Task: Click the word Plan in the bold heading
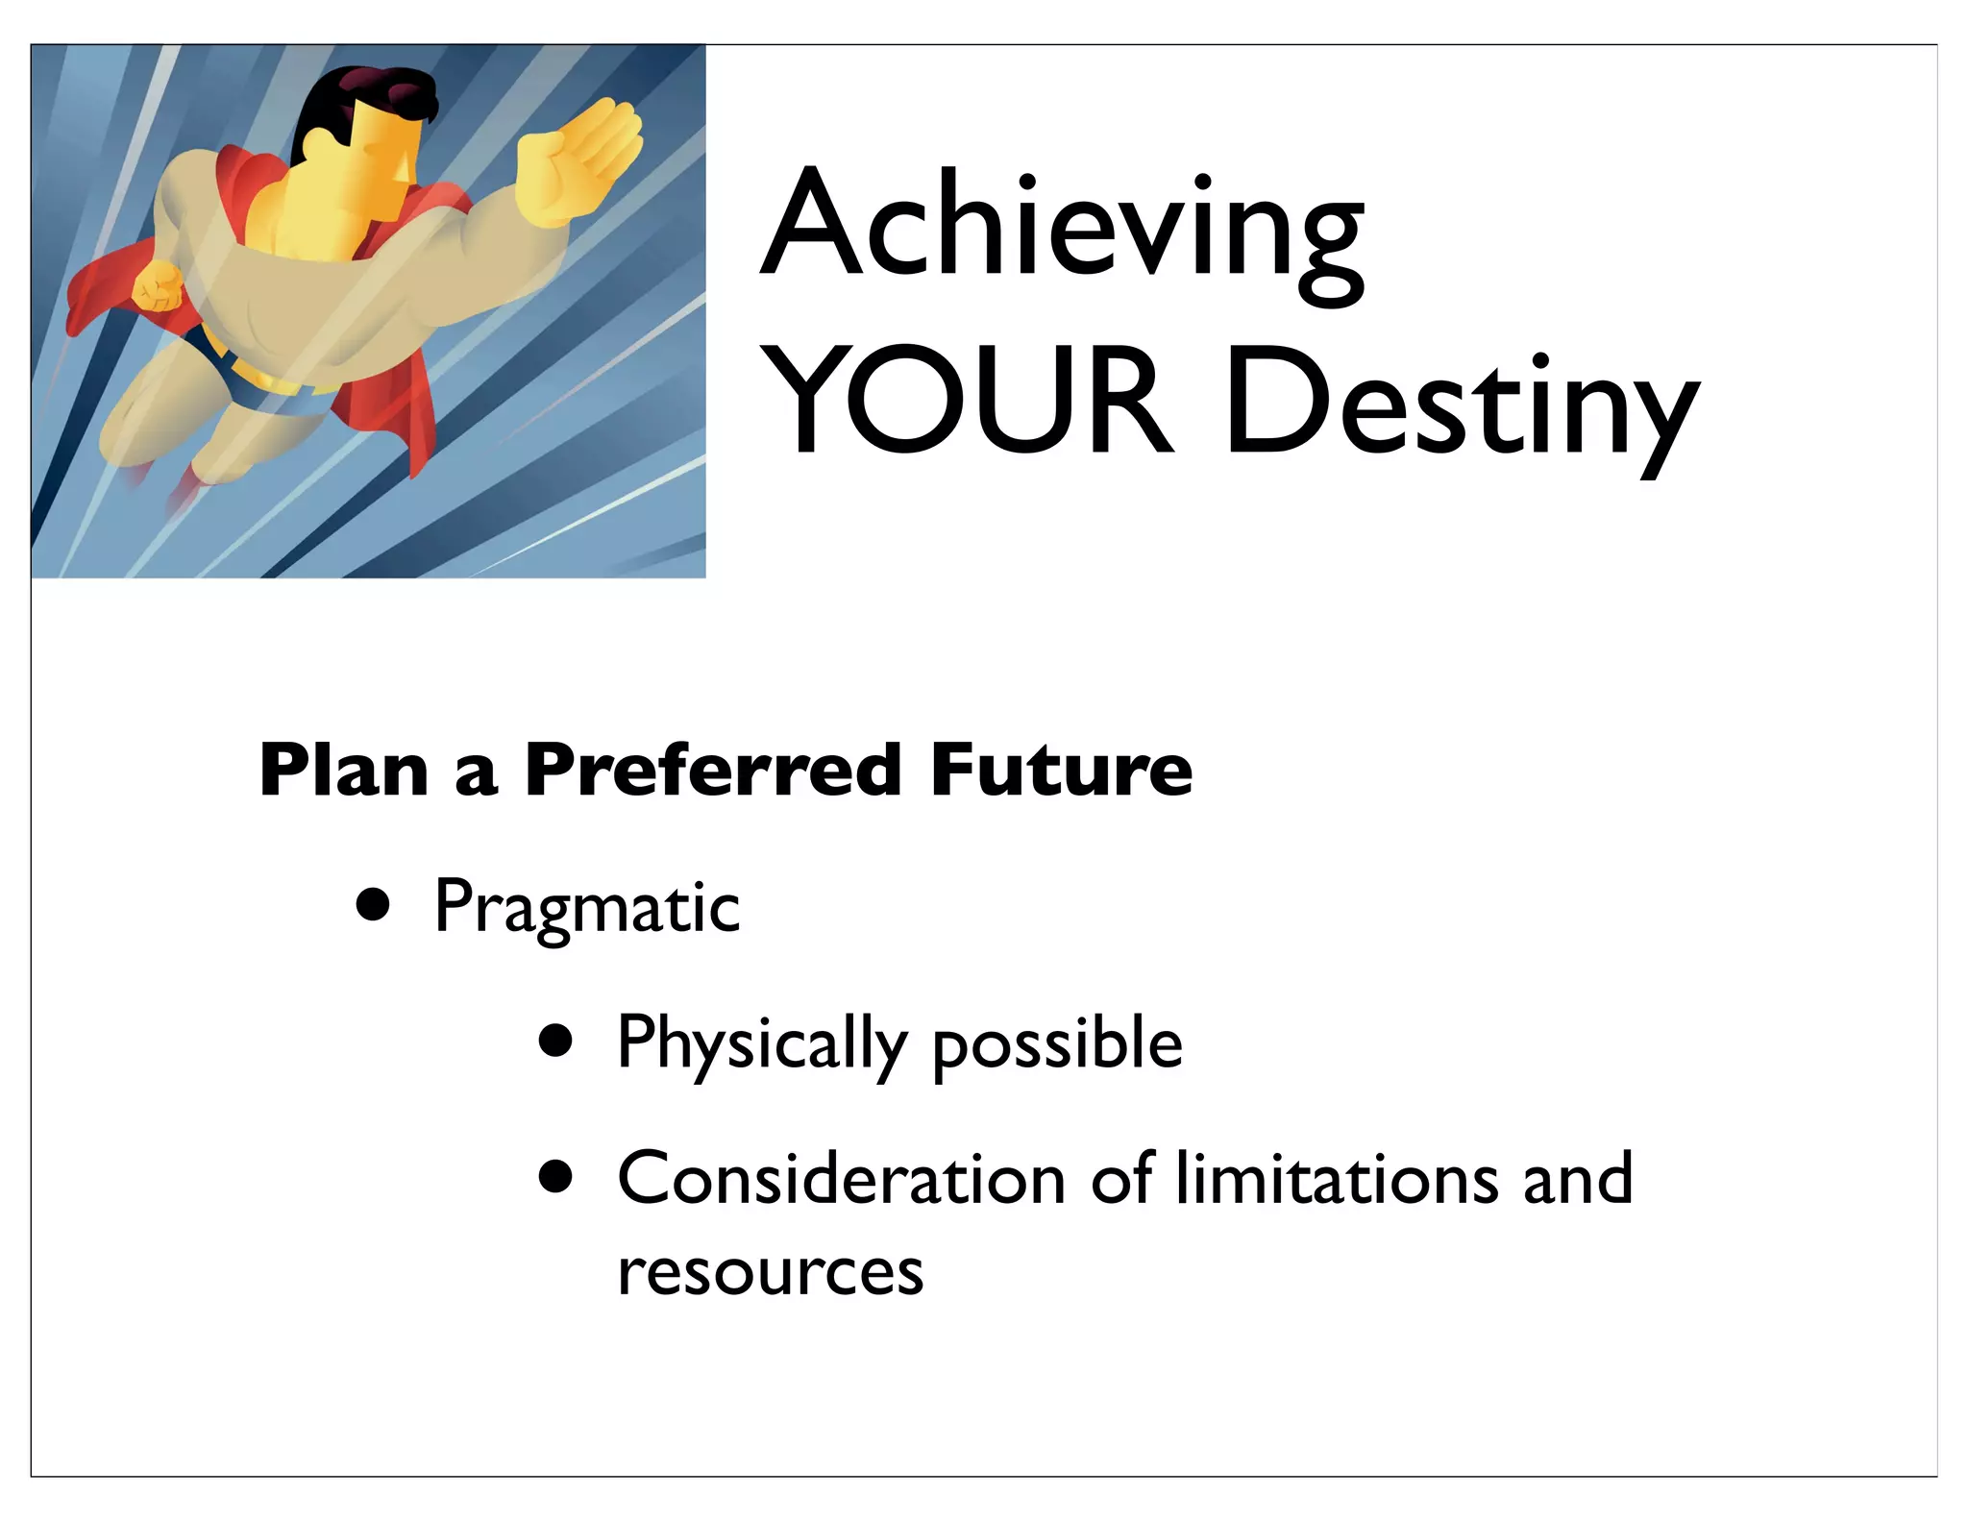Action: pyautogui.click(x=343, y=771)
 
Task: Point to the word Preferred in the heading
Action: pyautogui.click(x=712, y=771)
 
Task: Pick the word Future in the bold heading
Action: pyautogui.click(x=1061, y=771)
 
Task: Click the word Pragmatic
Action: pyautogui.click(x=586, y=908)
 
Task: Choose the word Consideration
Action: pyautogui.click(x=841, y=1179)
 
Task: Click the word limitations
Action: pyautogui.click(x=1336, y=1179)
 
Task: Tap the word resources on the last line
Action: pyautogui.click(x=770, y=1273)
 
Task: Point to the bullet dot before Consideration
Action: pyautogui.click(x=555, y=1176)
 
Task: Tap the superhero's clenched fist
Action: pyautogui.click(x=157, y=285)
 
